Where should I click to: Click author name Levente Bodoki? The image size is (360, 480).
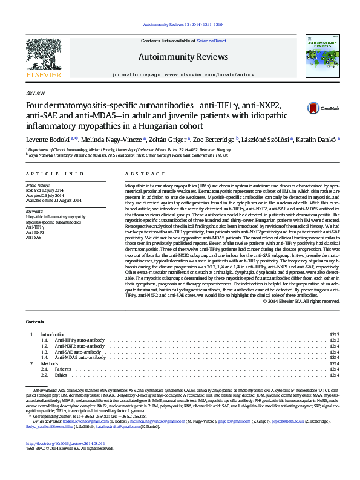tap(45, 138)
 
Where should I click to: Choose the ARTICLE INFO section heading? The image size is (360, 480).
tap(46, 173)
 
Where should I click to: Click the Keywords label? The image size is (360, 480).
tap(34, 210)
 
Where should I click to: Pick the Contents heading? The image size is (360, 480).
tap(35, 322)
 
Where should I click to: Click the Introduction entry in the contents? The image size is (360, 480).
tap(53, 334)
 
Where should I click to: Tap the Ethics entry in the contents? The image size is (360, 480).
tap(61, 375)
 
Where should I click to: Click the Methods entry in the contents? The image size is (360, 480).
tap(50, 363)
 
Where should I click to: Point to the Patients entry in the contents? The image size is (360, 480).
tap(63, 369)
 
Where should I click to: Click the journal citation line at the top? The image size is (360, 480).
tap(180, 25)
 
